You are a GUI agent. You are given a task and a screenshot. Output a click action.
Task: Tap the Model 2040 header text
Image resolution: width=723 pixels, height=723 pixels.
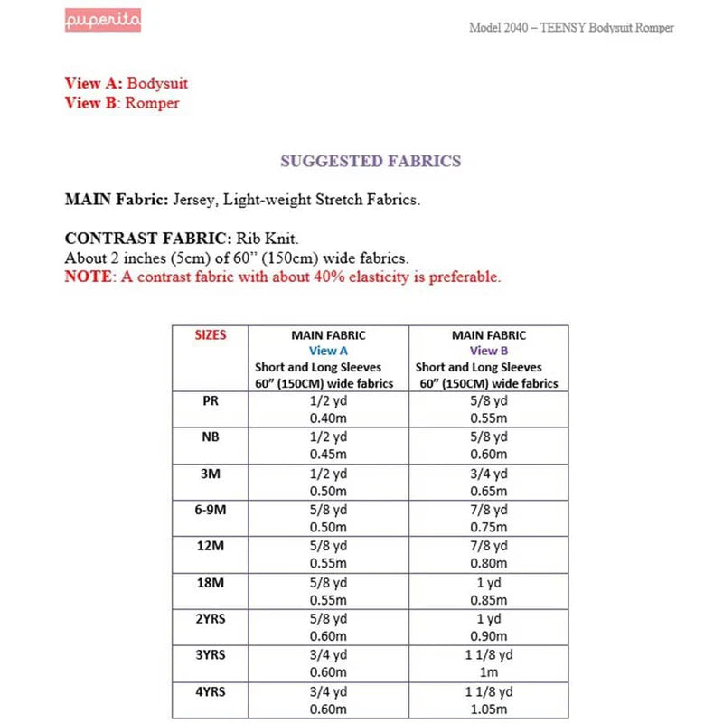pyautogui.click(x=571, y=27)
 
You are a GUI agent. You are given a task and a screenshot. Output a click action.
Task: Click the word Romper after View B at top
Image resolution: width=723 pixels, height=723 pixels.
pyautogui.click(x=152, y=103)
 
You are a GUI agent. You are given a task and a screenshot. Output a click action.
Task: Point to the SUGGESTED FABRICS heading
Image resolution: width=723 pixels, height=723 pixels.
pyautogui.click(x=371, y=162)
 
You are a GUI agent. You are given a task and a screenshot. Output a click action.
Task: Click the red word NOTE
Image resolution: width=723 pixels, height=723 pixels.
pyautogui.click(x=87, y=277)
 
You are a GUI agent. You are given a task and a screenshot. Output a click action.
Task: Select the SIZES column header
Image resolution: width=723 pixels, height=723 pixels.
pyautogui.click(x=211, y=334)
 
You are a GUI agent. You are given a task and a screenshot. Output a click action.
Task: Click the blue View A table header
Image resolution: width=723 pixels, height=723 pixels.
pyautogui.click(x=328, y=351)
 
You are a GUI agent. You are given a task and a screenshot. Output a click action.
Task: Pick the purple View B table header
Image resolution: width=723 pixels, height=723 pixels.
pyautogui.click(x=489, y=351)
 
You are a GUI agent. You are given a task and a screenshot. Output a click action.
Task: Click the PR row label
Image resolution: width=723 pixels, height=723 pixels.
pyautogui.click(x=211, y=399)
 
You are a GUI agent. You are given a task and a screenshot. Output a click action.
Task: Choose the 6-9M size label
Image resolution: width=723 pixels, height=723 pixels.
pyautogui.click(x=211, y=510)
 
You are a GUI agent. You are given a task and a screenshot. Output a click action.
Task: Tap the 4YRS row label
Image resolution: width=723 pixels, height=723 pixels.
pyautogui.click(x=211, y=692)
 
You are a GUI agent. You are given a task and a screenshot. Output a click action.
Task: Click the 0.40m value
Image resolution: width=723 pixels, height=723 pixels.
pyautogui.click(x=328, y=418)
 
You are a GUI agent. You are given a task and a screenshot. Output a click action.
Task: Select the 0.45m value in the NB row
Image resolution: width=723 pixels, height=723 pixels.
pyautogui.click(x=328, y=455)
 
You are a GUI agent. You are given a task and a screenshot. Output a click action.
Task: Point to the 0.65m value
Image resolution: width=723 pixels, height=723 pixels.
pyautogui.click(x=489, y=491)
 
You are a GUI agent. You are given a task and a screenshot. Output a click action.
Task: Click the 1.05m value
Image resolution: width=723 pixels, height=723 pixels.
pyautogui.click(x=489, y=710)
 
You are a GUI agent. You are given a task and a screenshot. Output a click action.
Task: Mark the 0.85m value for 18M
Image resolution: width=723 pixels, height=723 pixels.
pyautogui.click(x=489, y=600)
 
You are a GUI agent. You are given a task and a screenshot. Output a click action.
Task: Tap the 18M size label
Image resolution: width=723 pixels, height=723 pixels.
pyautogui.click(x=211, y=583)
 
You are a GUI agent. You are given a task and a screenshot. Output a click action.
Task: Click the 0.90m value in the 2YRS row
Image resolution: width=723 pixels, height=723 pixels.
pyautogui.click(x=489, y=637)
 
